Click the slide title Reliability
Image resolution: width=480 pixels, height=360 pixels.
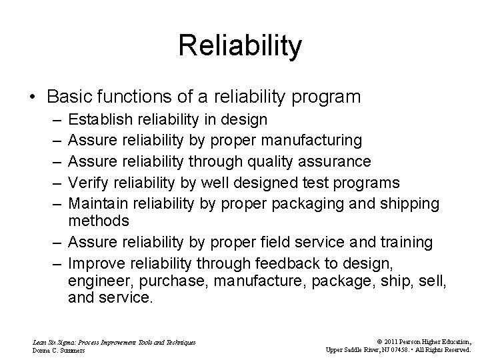tap(240, 46)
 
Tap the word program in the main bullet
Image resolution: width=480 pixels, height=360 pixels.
tap(331, 97)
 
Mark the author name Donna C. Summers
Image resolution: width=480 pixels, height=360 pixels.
tap(59, 349)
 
